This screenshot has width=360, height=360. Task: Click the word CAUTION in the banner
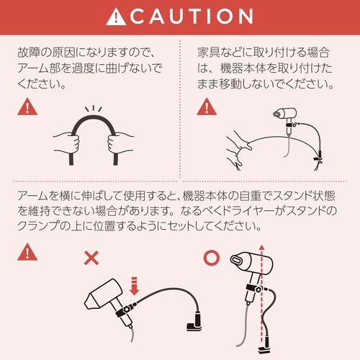(x=192, y=17)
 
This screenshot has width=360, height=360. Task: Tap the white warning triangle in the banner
(x=116, y=17)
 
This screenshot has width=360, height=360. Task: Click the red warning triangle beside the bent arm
(x=27, y=107)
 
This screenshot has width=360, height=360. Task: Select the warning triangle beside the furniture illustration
(x=207, y=107)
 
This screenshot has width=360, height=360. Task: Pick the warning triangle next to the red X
(x=27, y=252)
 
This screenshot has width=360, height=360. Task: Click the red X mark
(x=91, y=258)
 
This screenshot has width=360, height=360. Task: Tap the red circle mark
(x=212, y=258)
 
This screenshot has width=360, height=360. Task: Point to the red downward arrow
(x=135, y=286)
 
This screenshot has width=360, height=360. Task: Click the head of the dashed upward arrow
(x=262, y=248)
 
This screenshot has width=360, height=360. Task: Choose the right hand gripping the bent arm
(x=119, y=143)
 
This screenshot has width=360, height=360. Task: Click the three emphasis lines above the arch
(x=94, y=109)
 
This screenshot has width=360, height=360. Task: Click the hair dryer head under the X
(x=103, y=295)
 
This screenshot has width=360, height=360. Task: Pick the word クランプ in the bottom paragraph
(x=38, y=225)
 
